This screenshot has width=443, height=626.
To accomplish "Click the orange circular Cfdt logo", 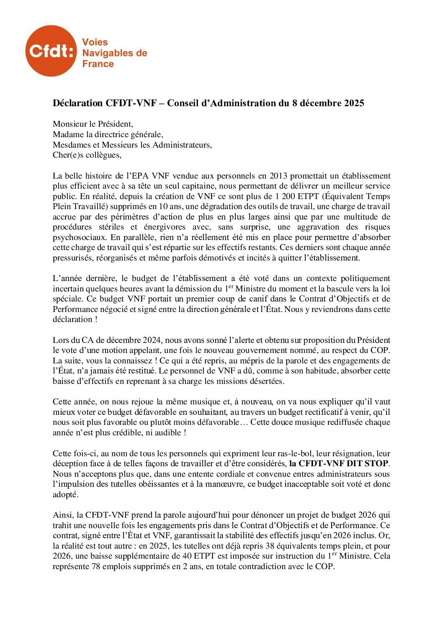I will click(x=51, y=51).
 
